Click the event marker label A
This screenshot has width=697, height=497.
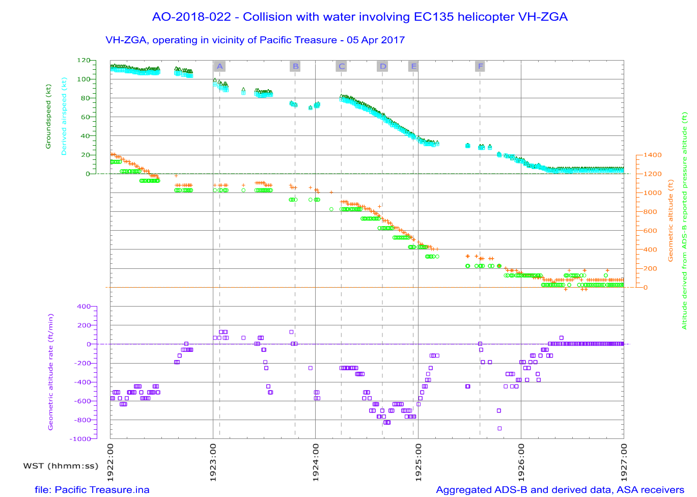coord(219,66)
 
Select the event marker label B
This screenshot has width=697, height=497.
coord(295,66)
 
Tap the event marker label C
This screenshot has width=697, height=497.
coord(342,66)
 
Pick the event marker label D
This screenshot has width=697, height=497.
coord(383,66)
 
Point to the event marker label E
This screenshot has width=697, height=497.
coord(414,66)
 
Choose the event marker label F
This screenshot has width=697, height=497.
coord(480,66)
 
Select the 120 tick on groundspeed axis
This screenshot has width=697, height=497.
coord(83,60)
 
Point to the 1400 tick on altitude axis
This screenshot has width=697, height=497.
coord(652,155)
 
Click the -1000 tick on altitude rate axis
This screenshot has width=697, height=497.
coord(80,439)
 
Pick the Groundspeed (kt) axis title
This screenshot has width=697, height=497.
coord(48,117)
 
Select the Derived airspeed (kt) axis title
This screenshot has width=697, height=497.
coord(64,117)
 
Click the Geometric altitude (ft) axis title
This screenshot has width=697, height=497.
coord(671,220)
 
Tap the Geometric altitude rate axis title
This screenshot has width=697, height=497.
coord(50,372)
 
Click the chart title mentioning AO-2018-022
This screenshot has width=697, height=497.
coord(359,17)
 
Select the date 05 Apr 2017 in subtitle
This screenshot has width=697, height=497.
coord(376,40)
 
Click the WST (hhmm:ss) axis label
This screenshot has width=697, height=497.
coord(61,465)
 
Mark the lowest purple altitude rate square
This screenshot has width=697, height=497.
coord(499,428)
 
